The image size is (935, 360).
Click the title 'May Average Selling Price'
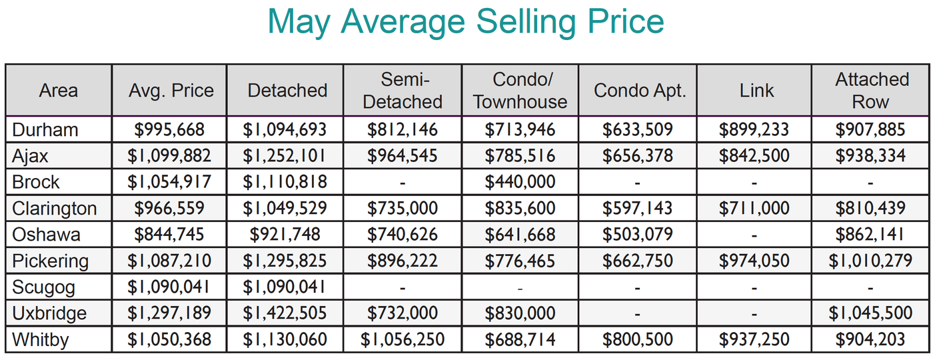click(x=466, y=23)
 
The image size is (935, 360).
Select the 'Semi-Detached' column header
click(x=403, y=91)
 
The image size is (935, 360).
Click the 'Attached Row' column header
click(x=871, y=91)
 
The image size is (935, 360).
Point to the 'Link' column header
click(x=756, y=91)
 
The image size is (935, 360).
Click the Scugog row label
click(x=43, y=287)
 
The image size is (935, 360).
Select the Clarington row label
click(x=54, y=209)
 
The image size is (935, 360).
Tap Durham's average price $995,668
click(x=169, y=130)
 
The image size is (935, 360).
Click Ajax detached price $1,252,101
click(x=285, y=156)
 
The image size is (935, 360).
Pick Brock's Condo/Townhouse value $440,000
click(x=520, y=182)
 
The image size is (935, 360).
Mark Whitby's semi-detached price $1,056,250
click(x=403, y=340)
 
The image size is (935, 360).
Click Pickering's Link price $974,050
click(x=754, y=261)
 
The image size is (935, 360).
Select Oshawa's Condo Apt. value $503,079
click(x=638, y=235)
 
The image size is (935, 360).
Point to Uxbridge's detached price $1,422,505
click(x=285, y=313)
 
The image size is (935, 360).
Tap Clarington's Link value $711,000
click(x=754, y=209)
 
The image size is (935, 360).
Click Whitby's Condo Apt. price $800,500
click(x=638, y=340)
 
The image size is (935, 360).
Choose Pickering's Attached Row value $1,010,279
click(x=871, y=261)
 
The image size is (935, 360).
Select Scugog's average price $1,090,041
click(x=169, y=287)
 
